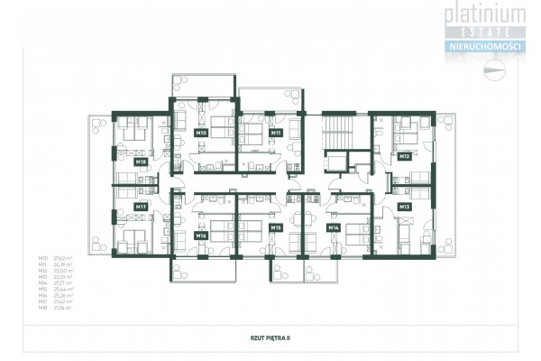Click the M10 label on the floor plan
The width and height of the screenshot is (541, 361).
tap(201, 133)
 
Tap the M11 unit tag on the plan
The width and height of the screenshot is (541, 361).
tap(276, 133)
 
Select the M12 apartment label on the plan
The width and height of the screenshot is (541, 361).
tap(405, 157)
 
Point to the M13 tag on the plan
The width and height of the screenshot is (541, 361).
tap(405, 207)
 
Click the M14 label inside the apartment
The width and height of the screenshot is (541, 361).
tap(333, 227)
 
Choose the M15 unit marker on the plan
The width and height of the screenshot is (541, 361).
tap(276, 227)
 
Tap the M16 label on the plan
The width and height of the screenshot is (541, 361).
tap(201, 235)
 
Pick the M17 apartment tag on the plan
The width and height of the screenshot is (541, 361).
tap(141, 207)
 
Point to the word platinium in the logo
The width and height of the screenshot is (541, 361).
tap(485, 13)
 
